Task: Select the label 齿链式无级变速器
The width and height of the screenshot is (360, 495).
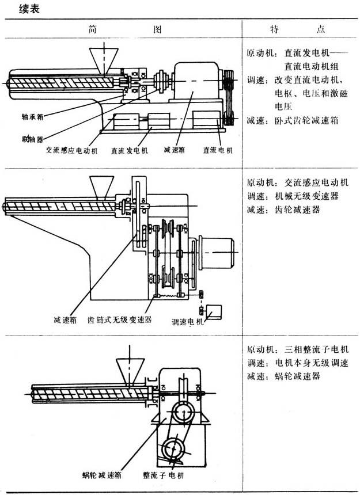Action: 119,319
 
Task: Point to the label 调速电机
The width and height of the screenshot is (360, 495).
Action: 188,322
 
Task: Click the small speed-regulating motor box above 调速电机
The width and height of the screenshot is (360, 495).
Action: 215,311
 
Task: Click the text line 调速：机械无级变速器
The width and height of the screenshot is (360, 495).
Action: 292,196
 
